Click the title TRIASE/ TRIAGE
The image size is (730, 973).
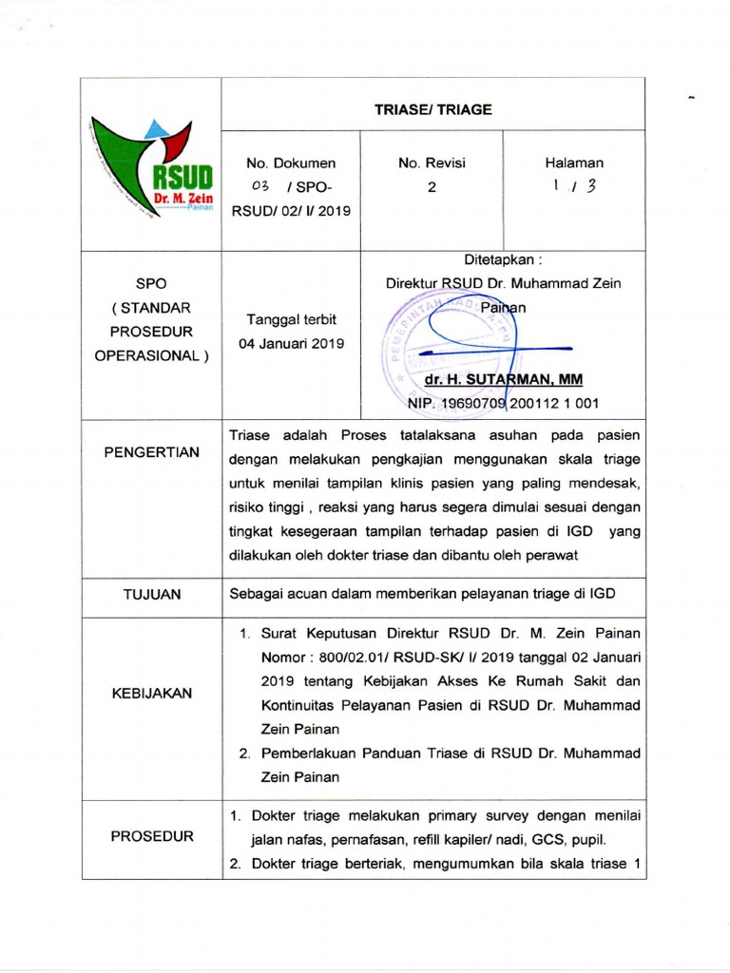coord(432,109)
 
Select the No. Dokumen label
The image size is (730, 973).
coord(291,163)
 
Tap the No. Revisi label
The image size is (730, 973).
coord(432,163)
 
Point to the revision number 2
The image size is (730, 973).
coord(432,187)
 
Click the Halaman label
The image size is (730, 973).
coord(574,163)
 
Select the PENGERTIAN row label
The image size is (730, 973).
coord(152,452)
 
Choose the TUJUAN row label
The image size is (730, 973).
coord(152,594)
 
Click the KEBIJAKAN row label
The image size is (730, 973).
coord(152,693)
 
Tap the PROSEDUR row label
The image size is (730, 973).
coord(152,836)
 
